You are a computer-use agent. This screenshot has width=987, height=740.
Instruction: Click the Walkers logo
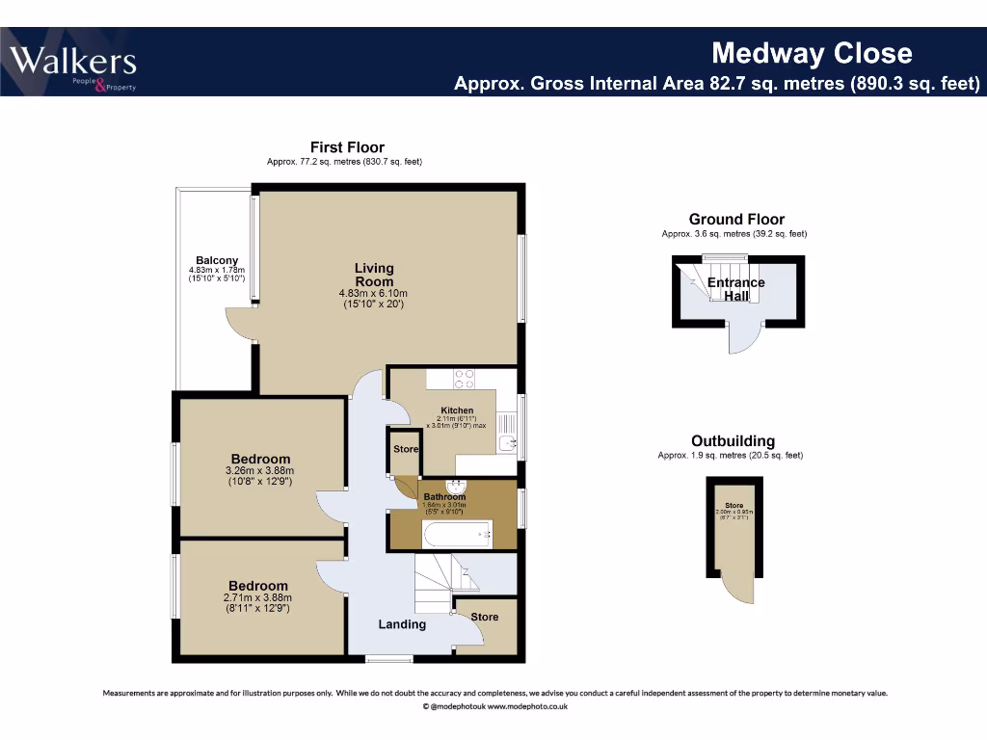tap(73, 64)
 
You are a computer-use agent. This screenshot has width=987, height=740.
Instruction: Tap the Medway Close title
tap(811, 52)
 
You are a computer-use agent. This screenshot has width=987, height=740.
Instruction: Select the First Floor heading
tap(347, 147)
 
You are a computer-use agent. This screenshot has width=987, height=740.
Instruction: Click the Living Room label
tap(374, 275)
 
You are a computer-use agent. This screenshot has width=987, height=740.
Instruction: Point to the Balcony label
tap(217, 260)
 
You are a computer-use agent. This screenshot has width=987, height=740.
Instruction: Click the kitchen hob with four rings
tap(463, 379)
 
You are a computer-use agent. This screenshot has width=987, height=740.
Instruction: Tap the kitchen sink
tap(509, 444)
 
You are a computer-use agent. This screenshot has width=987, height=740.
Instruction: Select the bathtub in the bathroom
tap(458, 533)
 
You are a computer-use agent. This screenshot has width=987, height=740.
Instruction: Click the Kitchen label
tap(457, 410)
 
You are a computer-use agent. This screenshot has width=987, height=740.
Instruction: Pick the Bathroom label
tap(444, 497)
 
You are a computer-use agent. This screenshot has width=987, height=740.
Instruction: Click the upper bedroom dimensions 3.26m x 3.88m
tap(260, 471)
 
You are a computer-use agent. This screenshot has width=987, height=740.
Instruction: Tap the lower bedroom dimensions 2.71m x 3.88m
tap(257, 597)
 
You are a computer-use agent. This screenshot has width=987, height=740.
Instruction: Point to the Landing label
tap(402, 624)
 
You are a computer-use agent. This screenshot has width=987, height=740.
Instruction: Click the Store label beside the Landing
tap(485, 617)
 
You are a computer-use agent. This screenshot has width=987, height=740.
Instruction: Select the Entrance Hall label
tap(736, 289)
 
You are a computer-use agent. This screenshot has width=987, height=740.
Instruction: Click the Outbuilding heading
tap(734, 442)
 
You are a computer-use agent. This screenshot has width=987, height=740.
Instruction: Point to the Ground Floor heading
tap(736, 220)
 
